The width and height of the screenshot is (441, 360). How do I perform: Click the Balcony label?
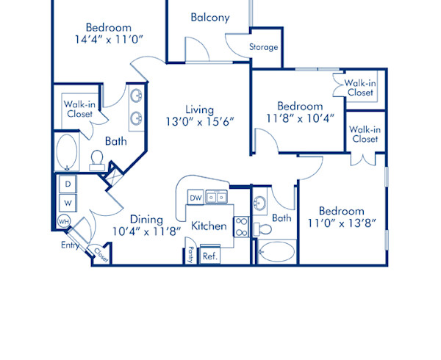coord(210,17)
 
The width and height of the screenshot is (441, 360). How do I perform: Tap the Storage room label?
coord(263,47)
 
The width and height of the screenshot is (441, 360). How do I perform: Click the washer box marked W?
coord(68,201)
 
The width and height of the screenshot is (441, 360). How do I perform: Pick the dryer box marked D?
coord(68,183)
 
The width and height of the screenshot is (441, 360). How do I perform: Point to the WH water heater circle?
coord(63,221)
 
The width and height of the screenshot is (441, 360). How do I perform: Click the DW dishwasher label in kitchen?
coord(195,198)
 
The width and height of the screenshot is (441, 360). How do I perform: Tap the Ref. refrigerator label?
coord(209,256)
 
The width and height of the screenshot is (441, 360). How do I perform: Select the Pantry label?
coord(190,254)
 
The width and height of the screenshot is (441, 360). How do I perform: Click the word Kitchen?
coord(209,226)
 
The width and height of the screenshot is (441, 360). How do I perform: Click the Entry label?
coord(71,246)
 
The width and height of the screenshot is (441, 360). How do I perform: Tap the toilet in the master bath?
coord(96,160)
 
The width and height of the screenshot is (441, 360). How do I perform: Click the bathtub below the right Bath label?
coord(275,251)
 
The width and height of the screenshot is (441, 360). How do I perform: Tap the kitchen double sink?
coord(216,197)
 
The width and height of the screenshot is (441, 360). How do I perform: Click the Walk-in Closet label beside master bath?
coord(78,109)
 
